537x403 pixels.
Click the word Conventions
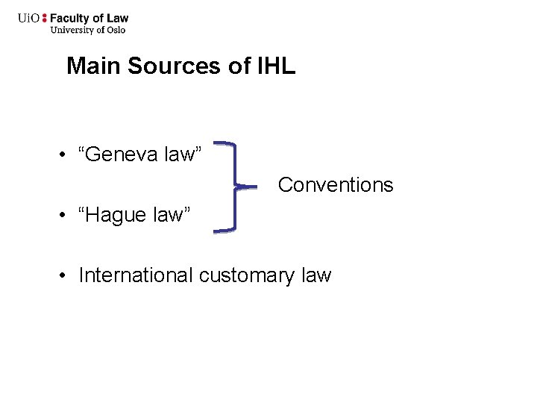[x=335, y=184]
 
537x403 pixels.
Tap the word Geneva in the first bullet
[x=122, y=154]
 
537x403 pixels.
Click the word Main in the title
[x=95, y=66]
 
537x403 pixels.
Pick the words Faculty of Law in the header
[x=89, y=19]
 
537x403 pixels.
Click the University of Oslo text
[x=87, y=31]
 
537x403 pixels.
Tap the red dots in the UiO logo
[x=44, y=19]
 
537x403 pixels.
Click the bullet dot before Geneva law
[x=66, y=155]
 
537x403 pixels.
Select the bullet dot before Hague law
[x=66, y=216]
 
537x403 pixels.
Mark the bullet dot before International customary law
[x=66, y=276]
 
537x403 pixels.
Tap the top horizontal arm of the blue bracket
[x=224, y=142]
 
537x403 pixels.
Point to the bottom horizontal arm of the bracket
[x=224, y=231]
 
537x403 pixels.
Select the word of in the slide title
[x=240, y=66]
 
